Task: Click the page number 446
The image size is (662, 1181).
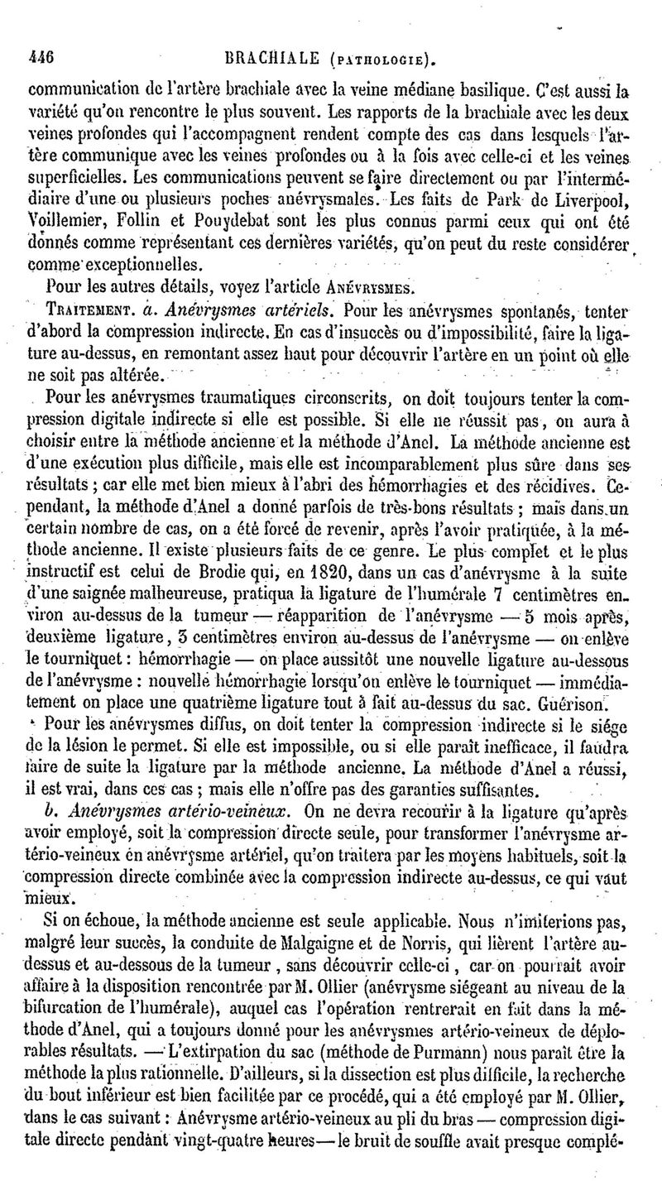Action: coord(41,59)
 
